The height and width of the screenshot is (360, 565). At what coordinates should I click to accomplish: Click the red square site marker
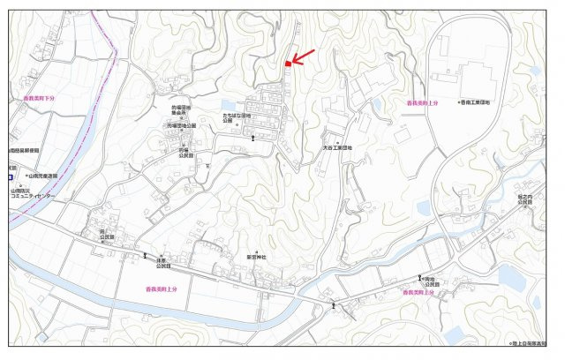pos(288,64)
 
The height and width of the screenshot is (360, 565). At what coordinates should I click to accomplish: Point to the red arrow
pos(302,57)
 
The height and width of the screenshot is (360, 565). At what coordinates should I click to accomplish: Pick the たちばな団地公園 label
pos(238,118)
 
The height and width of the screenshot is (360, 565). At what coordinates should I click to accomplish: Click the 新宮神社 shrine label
pos(257,257)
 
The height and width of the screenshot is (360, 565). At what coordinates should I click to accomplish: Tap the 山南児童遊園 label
pos(41,176)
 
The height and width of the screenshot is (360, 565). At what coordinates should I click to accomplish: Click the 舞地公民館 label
pos(433,281)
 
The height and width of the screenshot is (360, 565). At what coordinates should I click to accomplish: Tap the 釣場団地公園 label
pos(181,126)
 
